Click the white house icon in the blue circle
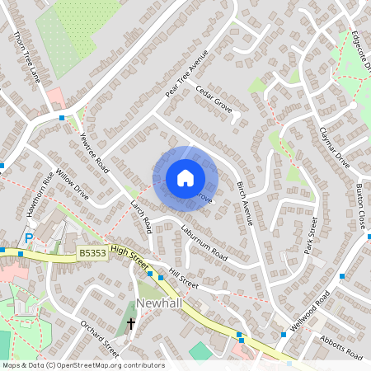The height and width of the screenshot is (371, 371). (x=185, y=178)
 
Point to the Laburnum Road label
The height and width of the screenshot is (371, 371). (x=204, y=242)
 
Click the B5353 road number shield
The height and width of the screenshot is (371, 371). (x=93, y=257)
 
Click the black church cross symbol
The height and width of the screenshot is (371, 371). (x=130, y=324)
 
